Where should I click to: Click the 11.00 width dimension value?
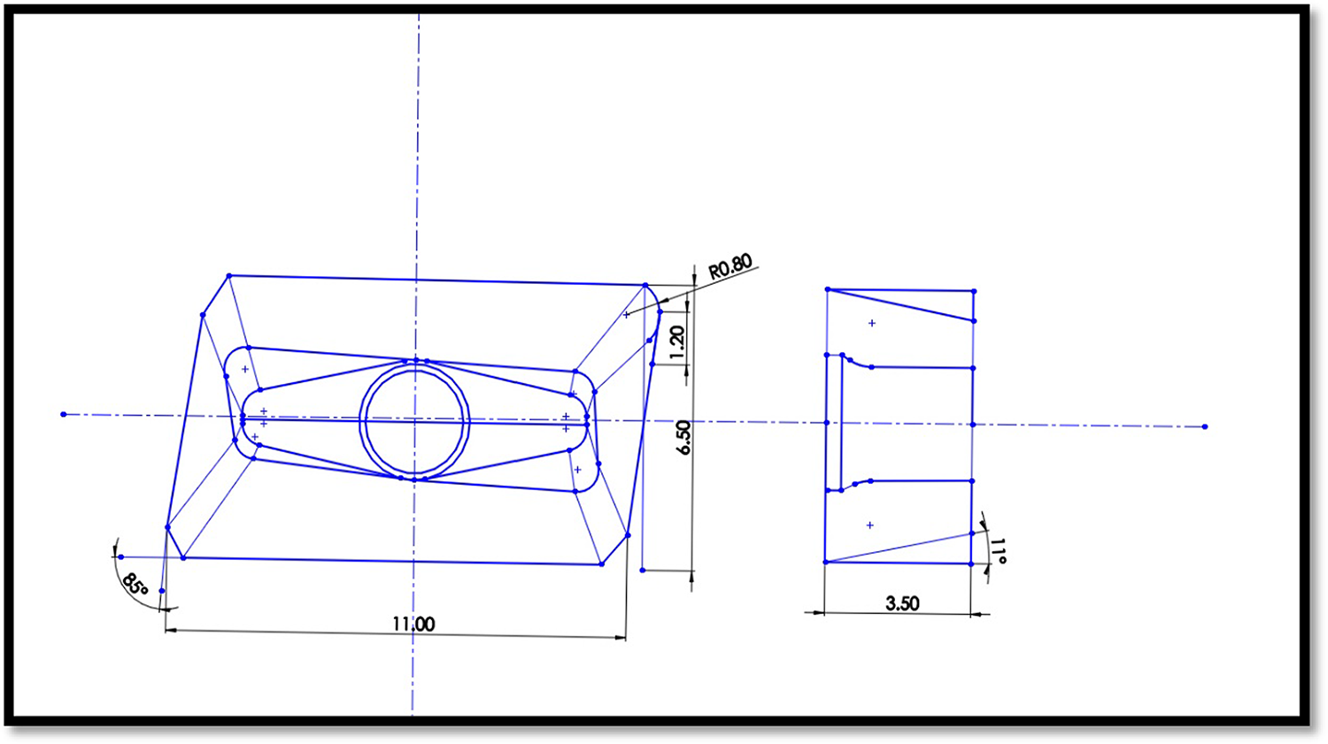pyautogui.click(x=413, y=624)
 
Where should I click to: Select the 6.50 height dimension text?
pyautogui.click(x=683, y=437)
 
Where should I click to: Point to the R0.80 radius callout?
pyautogui.click(x=730, y=266)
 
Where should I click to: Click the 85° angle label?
pyautogui.click(x=135, y=585)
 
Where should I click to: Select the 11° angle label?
pyautogui.click(x=998, y=551)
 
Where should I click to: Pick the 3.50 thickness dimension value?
pyautogui.click(x=902, y=603)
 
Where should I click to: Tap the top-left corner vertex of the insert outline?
pyautogui.click(x=229, y=276)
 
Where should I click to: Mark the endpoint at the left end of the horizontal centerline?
pyautogui.click(x=64, y=414)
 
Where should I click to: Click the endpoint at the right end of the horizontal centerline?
pyautogui.click(x=1205, y=426)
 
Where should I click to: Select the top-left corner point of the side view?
pyautogui.click(x=828, y=289)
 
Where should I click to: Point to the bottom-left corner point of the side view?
pyautogui.click(x=825, y=562)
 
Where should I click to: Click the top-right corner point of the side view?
pyautogui.click(x=974, y=291)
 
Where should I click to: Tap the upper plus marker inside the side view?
pyautogui.click(x=872, y=323)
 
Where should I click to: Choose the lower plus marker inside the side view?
pyautogui.click(x=870, y=525)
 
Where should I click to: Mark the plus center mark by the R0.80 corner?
pyautogui.click(x=627, y=314)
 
